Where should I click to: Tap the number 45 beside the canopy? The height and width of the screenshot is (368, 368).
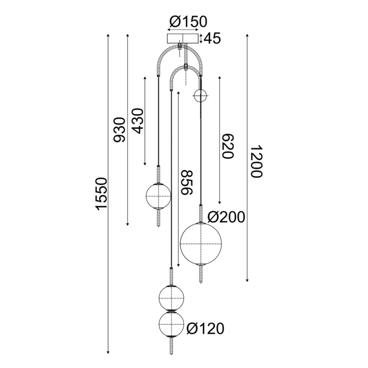point(212,38)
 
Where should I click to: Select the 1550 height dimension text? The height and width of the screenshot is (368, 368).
point(102,194)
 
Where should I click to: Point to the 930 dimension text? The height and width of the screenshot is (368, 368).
point(120,130)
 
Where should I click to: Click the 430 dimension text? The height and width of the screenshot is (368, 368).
point(137,121)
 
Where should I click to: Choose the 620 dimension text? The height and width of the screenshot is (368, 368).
point(228,145)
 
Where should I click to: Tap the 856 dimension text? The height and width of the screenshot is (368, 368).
point(187,182)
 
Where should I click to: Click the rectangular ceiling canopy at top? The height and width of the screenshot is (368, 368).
point(183,39)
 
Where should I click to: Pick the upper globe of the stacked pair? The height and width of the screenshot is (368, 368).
point(171,297)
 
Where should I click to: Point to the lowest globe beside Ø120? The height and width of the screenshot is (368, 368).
point(171,323)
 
